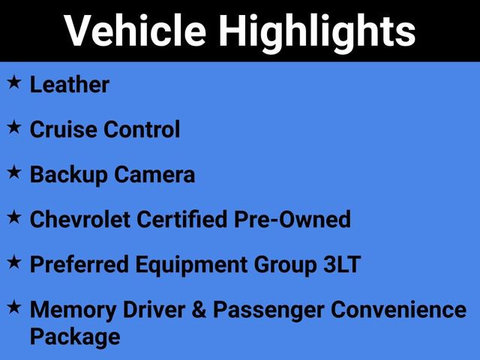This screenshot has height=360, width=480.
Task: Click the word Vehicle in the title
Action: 135,31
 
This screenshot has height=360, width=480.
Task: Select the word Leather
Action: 70,85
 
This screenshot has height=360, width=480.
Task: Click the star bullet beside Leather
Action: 13,83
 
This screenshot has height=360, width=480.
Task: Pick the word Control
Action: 142,130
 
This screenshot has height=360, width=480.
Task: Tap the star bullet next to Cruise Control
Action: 13,128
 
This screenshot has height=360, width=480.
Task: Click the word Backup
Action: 69,175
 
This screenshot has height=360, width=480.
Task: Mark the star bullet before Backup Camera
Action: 13,173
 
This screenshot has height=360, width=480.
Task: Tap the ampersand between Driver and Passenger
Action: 198,310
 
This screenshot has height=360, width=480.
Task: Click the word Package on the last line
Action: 75,336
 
